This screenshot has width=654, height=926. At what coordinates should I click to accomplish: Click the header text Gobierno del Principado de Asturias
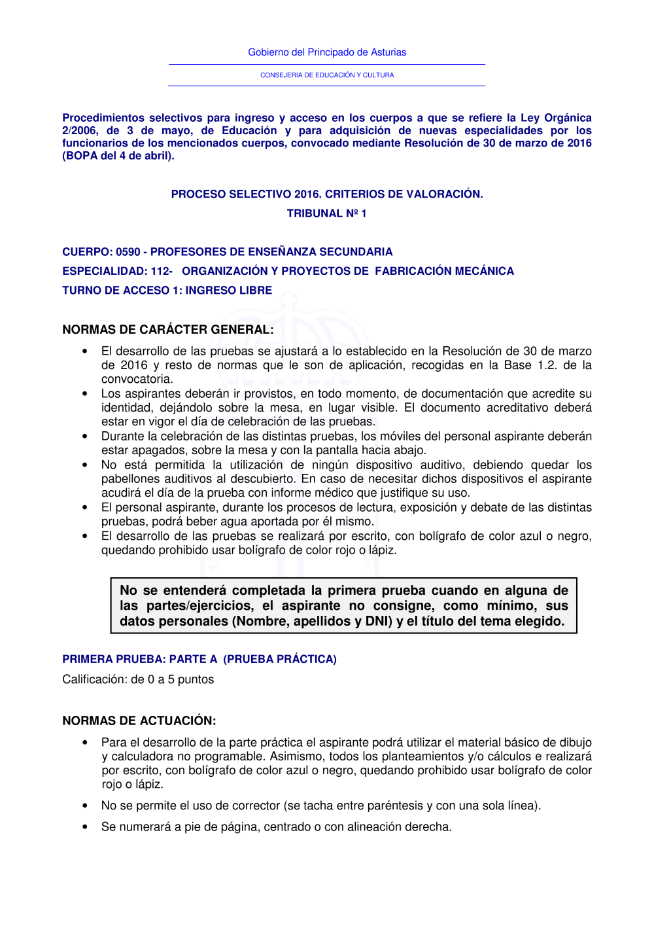click(327, 52)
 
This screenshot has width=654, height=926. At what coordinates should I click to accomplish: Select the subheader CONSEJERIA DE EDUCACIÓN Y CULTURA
click(327, 75)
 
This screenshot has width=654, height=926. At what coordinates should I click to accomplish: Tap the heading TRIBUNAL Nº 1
click(326, 213)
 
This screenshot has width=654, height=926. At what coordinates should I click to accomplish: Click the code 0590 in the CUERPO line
click(128, 252)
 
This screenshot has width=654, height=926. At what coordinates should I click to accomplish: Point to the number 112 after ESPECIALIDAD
click(160, 271)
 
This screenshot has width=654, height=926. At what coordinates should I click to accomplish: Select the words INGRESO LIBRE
click(228, 290)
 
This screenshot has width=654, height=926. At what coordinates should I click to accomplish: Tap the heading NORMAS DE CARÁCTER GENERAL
click(167, 329)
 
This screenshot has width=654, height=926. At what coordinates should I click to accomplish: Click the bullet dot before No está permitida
click(85, 465)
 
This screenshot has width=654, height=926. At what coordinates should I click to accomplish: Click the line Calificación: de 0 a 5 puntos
click(138, 679)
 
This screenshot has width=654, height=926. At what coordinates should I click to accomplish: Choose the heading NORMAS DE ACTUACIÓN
click(139, 721)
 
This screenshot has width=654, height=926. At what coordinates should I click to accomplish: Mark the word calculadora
click(143, 757)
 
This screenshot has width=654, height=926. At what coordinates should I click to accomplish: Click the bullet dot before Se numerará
click(85, 827)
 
